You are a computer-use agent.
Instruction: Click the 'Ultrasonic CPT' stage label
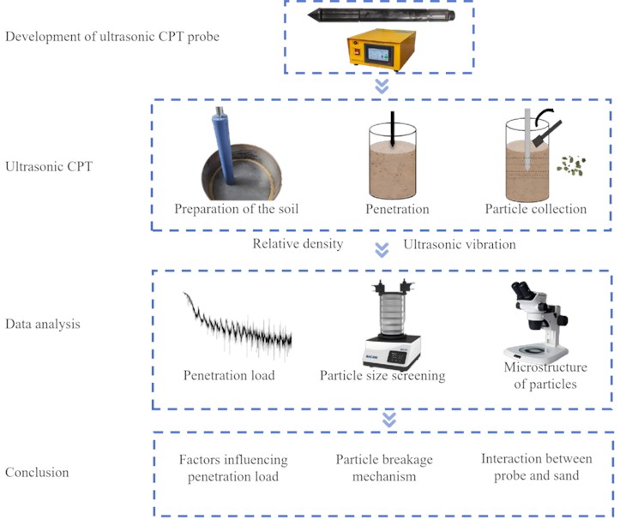(49, 166)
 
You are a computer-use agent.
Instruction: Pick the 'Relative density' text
(298, 244)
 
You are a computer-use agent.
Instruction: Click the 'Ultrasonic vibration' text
(459, 244)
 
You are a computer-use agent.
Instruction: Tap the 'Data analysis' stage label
(43, 325)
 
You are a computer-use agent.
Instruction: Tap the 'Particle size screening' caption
(382, 375)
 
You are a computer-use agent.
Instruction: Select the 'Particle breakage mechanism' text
(382, 467)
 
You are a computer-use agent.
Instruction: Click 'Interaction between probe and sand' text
(537, 467)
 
